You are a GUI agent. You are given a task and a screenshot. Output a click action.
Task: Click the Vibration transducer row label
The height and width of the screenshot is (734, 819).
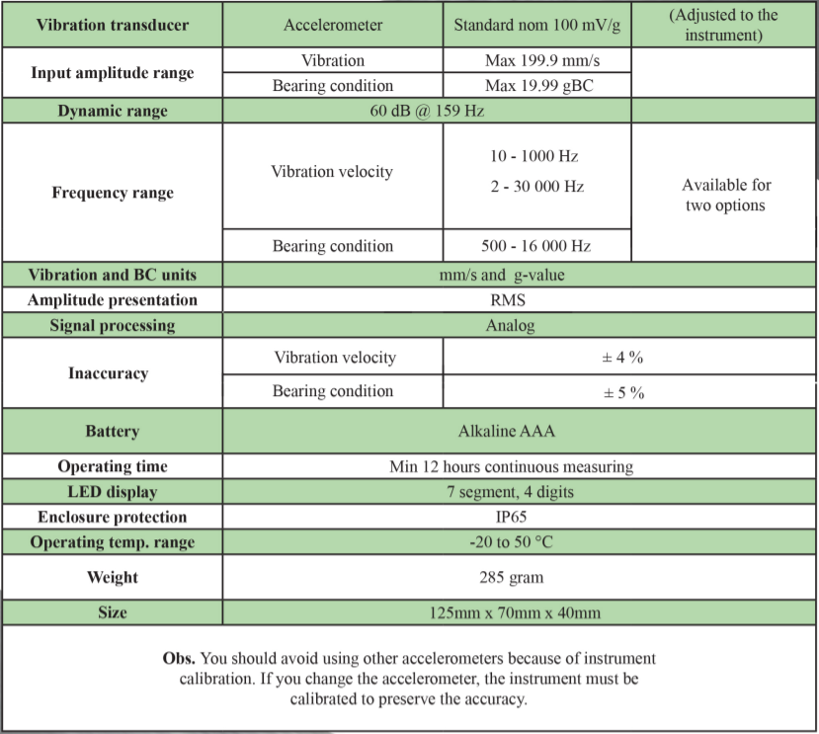(112, 24)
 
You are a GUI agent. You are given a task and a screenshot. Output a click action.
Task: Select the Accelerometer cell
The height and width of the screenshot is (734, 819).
(332, 24)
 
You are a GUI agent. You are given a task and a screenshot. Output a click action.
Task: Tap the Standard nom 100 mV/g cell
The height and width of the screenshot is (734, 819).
(536, 24)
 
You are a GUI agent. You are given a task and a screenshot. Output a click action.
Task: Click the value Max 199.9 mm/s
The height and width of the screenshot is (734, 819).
(536, 61)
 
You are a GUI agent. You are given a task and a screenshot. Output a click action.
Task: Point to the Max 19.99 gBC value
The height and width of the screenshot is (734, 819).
(536, 86)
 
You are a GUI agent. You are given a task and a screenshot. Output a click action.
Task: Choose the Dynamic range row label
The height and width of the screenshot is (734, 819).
(112, 111)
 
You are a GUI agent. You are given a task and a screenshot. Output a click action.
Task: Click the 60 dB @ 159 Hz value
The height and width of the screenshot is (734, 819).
(427, 111)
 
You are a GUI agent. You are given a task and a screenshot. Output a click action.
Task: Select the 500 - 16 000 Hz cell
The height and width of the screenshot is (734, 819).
(536, 246)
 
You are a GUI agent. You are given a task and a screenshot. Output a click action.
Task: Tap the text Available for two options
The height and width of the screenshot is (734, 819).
(725, 195)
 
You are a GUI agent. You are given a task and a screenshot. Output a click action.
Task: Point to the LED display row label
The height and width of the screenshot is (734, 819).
(112, 491)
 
